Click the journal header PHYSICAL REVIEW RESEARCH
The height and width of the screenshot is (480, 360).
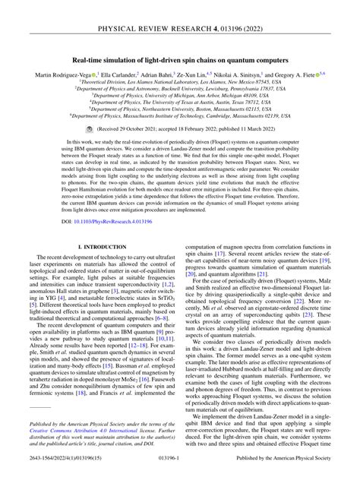click(x=179, y=12)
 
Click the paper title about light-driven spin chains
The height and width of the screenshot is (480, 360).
click(x=179, y=58)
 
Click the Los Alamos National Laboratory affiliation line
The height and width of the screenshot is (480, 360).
click(x=179, y=84)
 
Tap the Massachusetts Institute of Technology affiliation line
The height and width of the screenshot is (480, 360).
click(x=179, y=126)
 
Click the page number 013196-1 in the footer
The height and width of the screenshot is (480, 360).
click(x=180, y=471)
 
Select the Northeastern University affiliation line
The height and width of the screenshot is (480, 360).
click(x=179, y=118)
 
